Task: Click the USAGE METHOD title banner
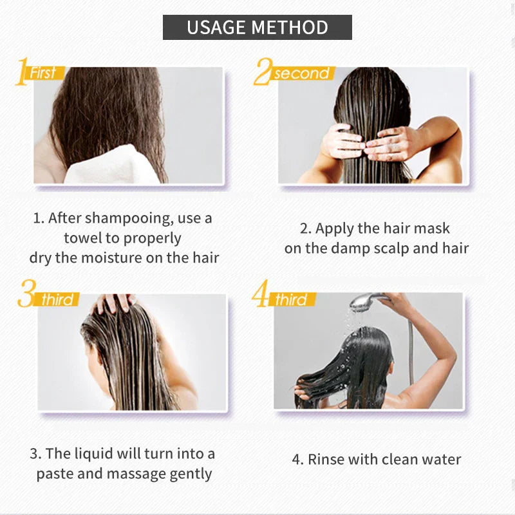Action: [x=257, y=28]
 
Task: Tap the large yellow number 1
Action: [x=23, y=72]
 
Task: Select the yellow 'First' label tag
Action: [x=44, y=73]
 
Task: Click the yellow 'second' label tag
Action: [x=301, y=73]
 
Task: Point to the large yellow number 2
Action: [x=263, y=73]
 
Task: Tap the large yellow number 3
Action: [x=26, y=298]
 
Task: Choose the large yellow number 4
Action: [x=261, y=298]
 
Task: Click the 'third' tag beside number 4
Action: [x=292, y=299]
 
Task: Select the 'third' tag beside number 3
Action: [x=59, y=300]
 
